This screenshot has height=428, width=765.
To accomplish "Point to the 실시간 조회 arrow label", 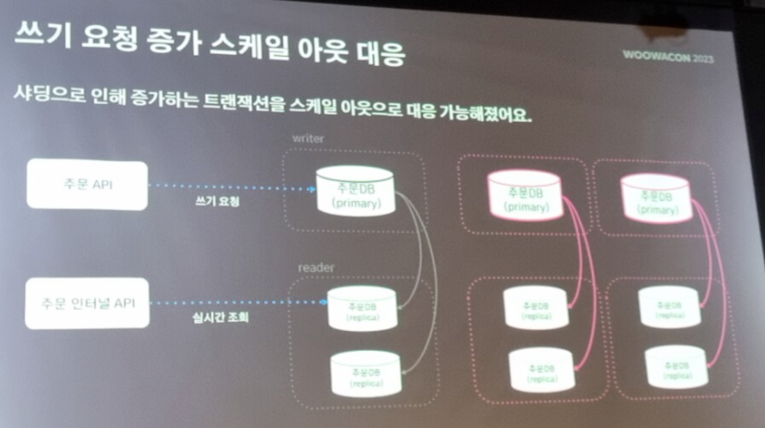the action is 214,318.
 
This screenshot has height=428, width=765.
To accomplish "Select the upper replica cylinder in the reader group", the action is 363,308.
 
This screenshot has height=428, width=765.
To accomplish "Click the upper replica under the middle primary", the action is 534,310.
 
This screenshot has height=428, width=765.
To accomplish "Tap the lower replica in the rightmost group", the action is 675,368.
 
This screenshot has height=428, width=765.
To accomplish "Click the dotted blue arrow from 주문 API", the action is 233,186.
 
